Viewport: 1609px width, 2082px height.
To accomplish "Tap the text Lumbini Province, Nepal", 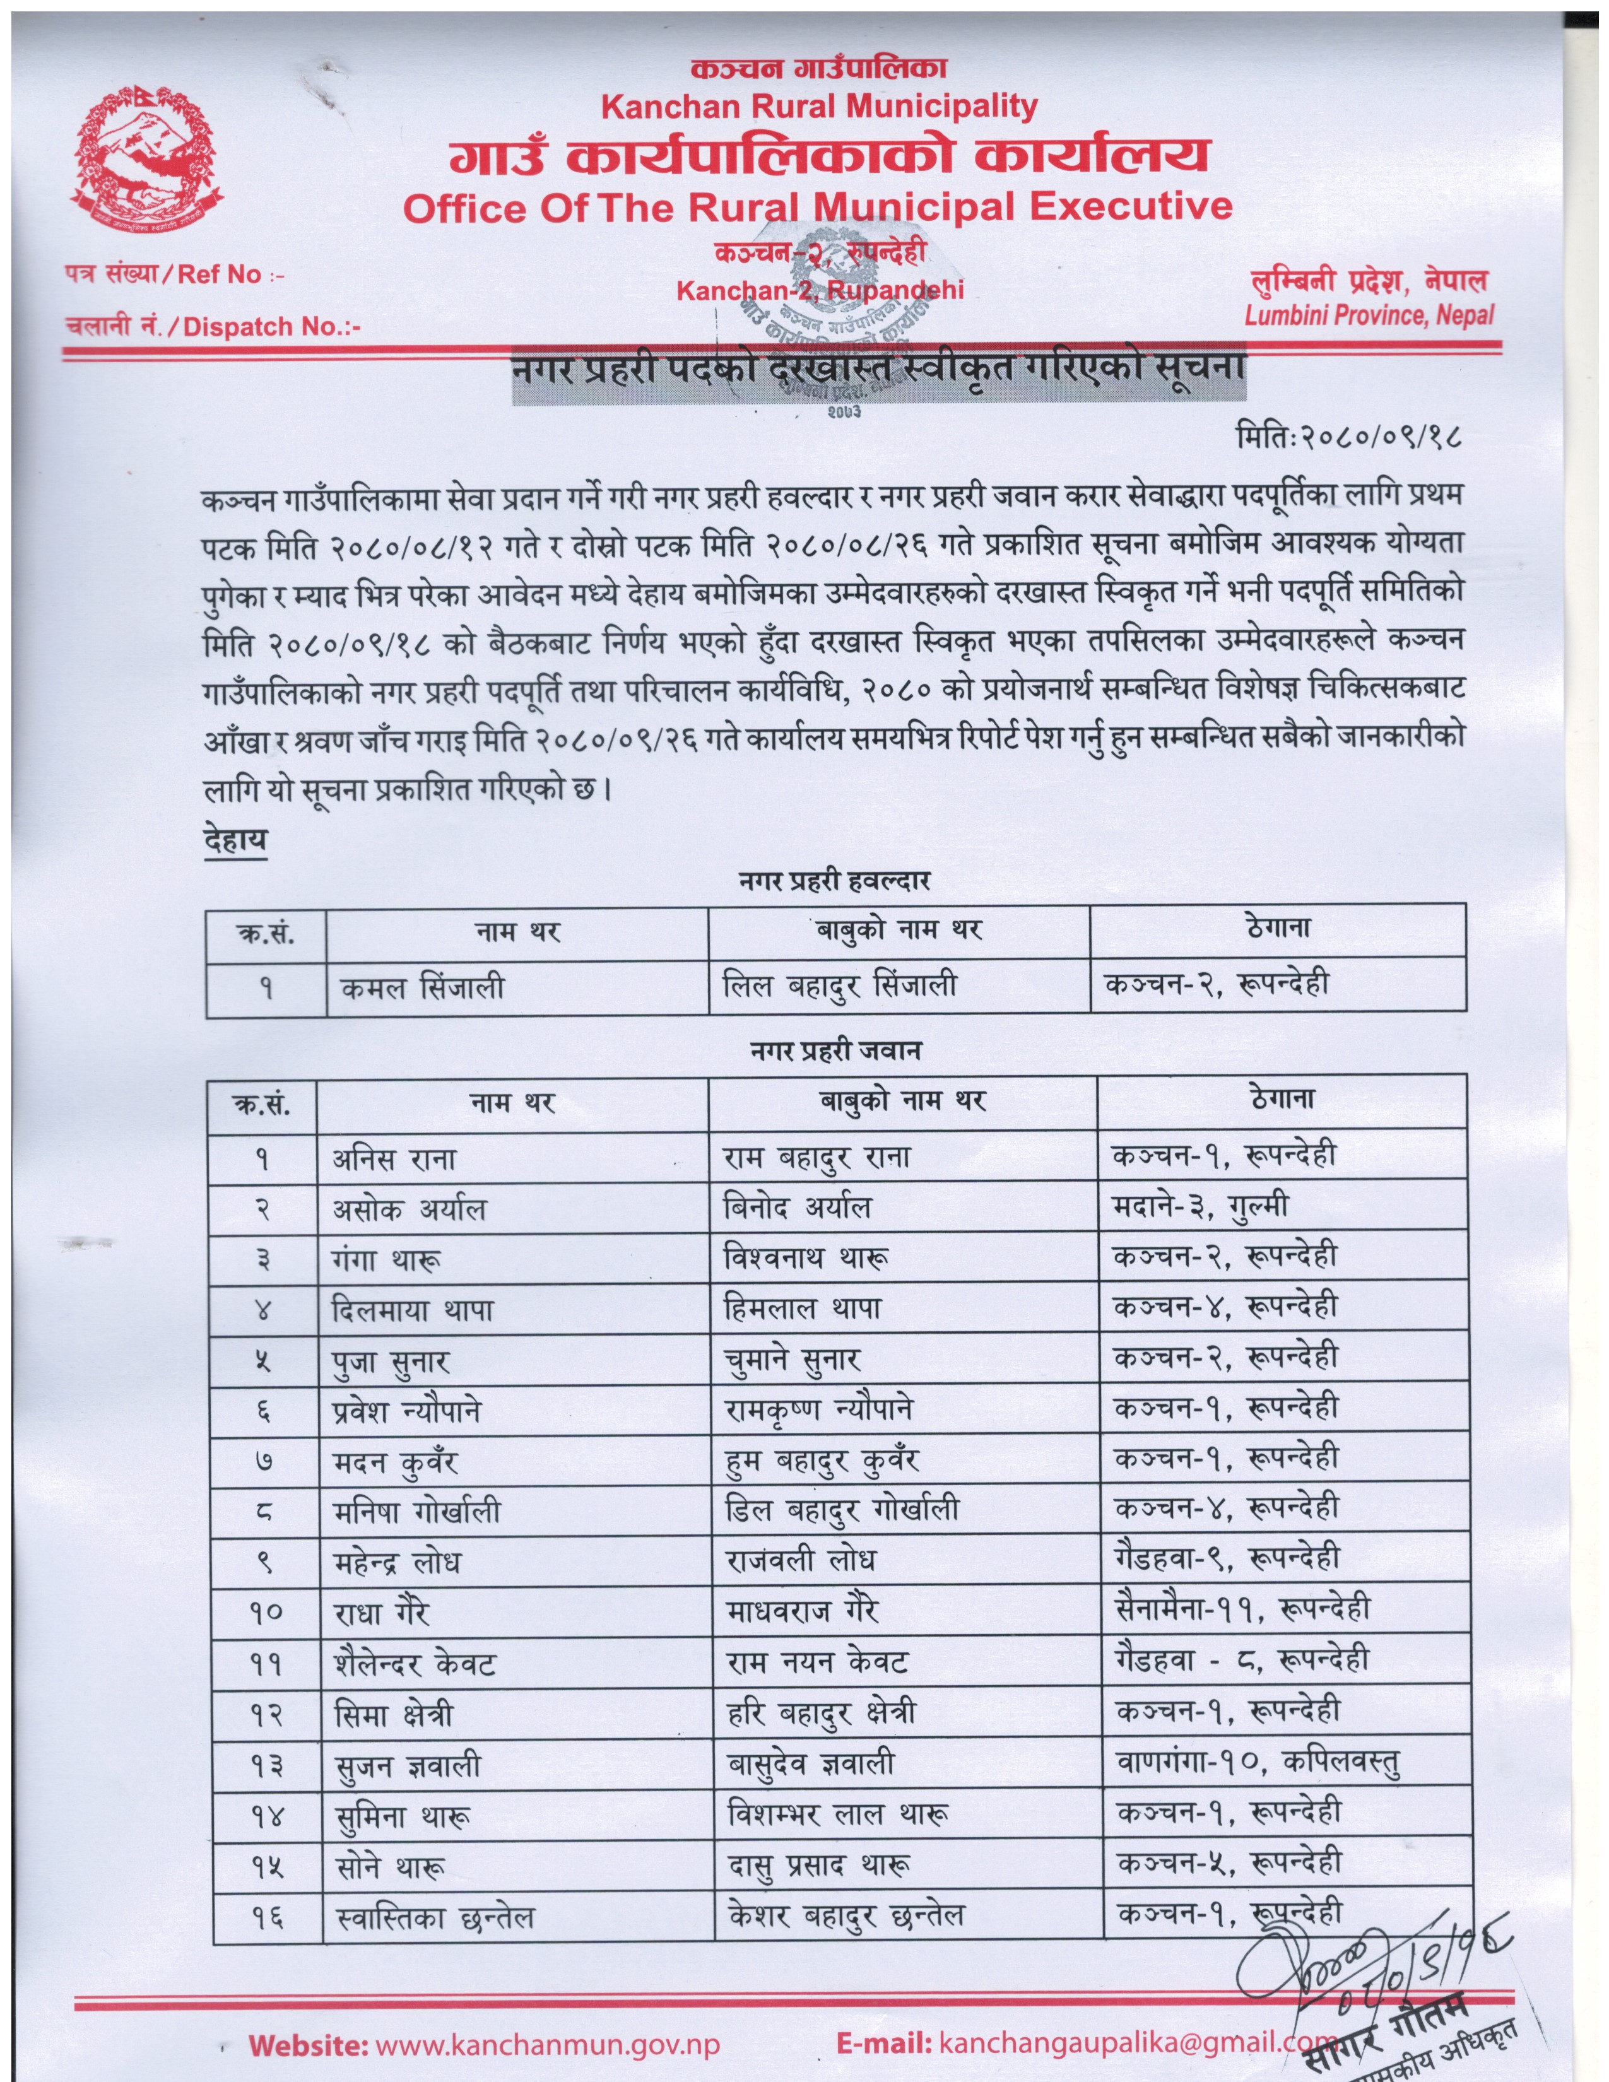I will (1369, 315).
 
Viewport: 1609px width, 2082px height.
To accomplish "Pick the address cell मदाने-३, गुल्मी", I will (1200, 1208).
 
